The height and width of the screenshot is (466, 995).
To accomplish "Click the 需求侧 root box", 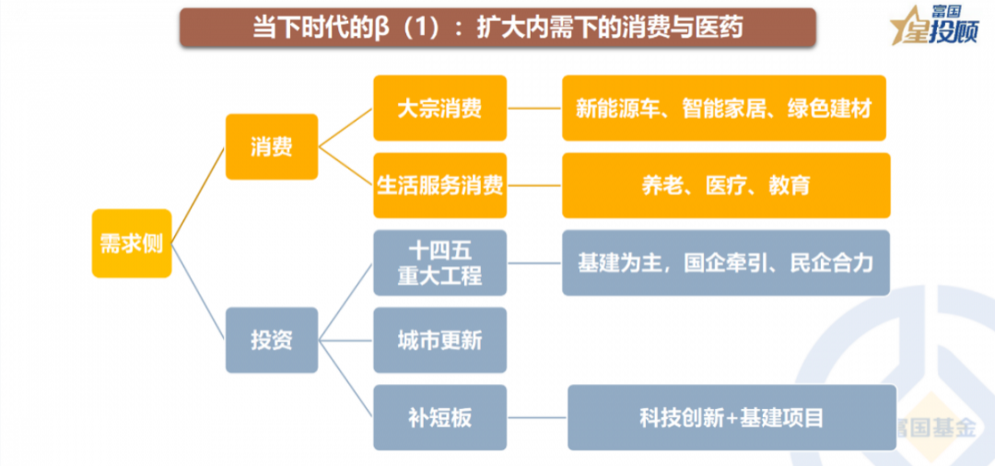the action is (132, 243).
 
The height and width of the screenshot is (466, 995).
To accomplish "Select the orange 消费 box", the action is (272, 146).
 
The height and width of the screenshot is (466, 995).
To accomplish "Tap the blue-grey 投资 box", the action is (272, 340).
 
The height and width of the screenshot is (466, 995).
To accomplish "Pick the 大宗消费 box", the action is (439, 108).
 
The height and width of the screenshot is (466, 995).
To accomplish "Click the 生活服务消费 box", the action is (439, 185).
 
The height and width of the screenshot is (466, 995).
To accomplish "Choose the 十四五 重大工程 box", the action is (439, 262).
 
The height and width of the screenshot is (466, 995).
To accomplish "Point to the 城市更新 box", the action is (439, 340).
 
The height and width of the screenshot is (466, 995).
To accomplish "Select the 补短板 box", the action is (439, 417).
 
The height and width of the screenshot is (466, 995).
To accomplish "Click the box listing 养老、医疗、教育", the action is (726, 185).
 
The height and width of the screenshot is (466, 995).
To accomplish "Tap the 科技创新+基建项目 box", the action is (732, 417).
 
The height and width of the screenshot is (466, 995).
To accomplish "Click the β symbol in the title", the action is (382, 29).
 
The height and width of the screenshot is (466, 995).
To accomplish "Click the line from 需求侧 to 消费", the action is (199, 194).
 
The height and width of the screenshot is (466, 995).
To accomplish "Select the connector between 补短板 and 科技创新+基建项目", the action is (537, 417).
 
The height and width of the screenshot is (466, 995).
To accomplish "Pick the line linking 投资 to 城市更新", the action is (345, 340).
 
